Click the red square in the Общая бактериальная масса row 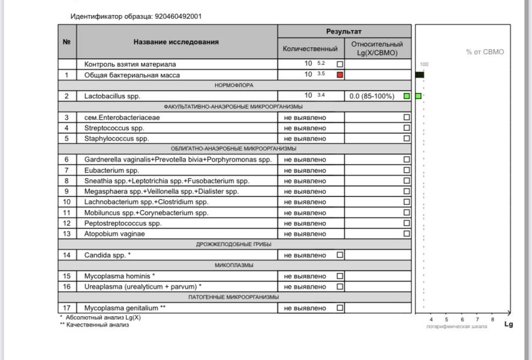[340, 74]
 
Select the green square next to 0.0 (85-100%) [407, 95]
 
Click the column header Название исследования [177, 42]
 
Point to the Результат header [344, 31]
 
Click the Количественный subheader [311, 48]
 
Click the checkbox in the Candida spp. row [340, 255]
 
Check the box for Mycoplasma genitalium [340, 308]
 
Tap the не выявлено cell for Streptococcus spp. [305, 128]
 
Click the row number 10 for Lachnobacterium [67, 202]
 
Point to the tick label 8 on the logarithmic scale [492, 320]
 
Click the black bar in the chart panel [419, 74]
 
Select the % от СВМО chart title [485, 52]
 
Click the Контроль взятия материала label [130, 64]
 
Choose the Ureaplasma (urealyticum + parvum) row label [143, 287]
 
